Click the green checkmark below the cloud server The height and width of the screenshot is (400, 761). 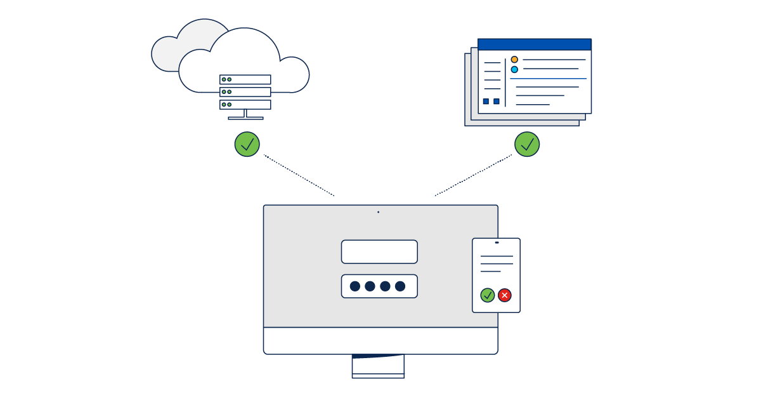(247, 144)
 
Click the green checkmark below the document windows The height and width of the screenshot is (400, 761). (527, 144)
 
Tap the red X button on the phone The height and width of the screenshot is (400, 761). (505, 295)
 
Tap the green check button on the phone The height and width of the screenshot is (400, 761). (488, 295)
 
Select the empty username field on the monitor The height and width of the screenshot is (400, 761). (379, 251)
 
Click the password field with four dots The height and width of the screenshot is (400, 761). (379, 286)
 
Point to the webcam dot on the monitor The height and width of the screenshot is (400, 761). (379, 212)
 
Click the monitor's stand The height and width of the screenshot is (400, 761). (378, 366)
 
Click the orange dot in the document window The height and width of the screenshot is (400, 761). (514, 60)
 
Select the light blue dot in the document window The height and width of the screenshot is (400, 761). (514, 69)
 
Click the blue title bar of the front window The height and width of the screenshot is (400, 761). (535, 44)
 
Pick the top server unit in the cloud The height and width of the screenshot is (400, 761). (245, 79)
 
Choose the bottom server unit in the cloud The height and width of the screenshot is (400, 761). (245, 104)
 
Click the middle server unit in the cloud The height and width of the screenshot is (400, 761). (245, 92)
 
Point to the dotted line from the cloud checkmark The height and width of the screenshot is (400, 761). (299, 175)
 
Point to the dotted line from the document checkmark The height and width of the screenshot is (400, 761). (473, 175)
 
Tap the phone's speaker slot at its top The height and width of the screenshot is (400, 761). (497, 243)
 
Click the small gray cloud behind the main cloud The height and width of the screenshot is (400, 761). (168, 54)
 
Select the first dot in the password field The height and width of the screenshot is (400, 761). (355, 286)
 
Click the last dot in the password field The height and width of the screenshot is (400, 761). (400, 286)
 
